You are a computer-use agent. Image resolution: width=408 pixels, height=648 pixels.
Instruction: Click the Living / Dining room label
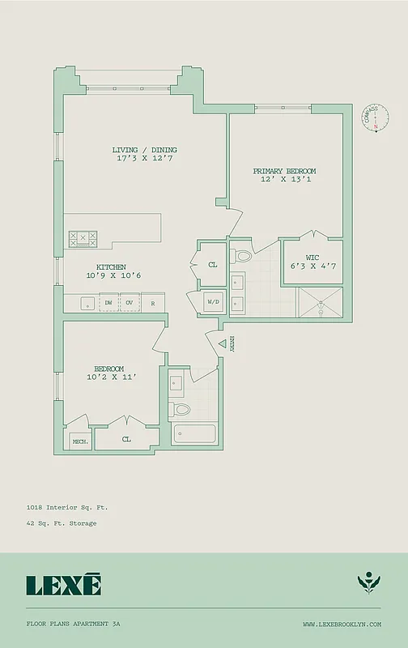pos(145,150)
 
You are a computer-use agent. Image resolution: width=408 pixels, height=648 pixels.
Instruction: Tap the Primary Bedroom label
pos(284,171)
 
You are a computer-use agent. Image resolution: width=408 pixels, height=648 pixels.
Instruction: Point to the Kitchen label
pos(111,266)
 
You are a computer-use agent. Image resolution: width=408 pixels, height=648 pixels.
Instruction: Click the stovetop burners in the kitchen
pos(83,239)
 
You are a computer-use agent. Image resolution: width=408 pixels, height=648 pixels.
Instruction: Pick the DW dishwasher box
pos(108,303)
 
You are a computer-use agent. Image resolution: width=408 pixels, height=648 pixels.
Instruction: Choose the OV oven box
pos(130,303)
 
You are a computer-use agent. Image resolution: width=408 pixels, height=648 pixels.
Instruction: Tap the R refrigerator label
pos(152,303)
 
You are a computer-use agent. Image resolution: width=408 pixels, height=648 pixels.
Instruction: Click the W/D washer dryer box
pos(213,302)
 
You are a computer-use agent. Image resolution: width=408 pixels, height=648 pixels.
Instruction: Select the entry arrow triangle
pos(223,343)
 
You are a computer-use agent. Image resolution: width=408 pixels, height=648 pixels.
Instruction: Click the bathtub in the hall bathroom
pos(193,435)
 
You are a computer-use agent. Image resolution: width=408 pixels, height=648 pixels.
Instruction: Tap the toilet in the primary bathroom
pos(243,257)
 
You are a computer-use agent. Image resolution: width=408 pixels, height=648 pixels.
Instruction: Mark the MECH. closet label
pos(80,441)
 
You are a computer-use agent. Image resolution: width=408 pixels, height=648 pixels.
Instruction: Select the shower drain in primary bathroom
pos(321,307)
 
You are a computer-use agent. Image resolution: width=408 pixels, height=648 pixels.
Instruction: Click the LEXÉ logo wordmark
pos(64,584)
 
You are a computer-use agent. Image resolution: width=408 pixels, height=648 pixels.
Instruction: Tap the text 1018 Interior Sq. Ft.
pos(66,507)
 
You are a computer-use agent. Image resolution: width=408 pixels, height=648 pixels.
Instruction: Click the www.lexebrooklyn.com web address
pos(342,624)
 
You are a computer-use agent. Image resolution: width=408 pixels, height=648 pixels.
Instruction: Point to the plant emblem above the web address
pos(368,583)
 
